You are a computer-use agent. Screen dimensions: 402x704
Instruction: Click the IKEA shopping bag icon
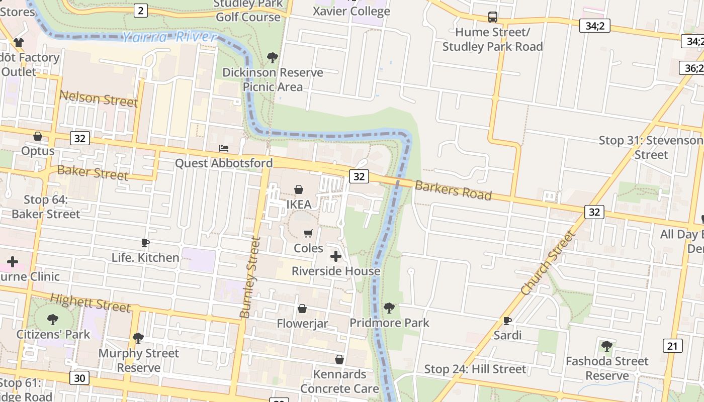pyautogui.click(x=299, y=189)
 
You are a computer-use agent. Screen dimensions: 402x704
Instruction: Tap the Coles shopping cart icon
pyautogui.click(x=308, y=233)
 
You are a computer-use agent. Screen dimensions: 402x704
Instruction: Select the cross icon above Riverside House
pyautogui.click(x=335, y=256)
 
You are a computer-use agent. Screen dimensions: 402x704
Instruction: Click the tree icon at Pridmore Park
pyautogui.click(x=389, y=308)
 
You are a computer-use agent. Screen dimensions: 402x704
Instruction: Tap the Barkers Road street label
pyautogui.click(x=453, y=190)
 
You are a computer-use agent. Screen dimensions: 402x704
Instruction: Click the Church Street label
pyautogui.click(x=548, y=262)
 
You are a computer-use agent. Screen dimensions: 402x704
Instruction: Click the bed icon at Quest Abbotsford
pyautogui.click(x=224, y=148)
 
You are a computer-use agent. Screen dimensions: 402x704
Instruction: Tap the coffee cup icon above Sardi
pyautogui.click(x=507, y=321)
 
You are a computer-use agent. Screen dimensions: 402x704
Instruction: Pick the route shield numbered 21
pyautogui.click(x=672, y=346)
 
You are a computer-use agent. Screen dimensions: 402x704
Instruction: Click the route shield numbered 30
pyautogui.click(x=79, y=378)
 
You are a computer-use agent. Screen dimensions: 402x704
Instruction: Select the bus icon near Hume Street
pyautogui.click(x=493, y=17)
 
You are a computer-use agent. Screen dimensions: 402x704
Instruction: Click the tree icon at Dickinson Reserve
pyautogui.click(x=273, y=57)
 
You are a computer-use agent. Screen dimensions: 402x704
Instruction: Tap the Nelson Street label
pyautogui.click(x=99, y=98)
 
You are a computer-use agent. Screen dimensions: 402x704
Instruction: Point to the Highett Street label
pyautogui.click(x=91, y=303)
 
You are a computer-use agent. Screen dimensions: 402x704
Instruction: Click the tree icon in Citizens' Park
pyautogui.click(x=53, y=319)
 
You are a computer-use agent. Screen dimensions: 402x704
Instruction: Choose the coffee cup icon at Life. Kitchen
pyautogui.click(x=145, y=243)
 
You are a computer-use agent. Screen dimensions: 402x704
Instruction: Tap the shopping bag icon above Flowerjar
pyautogui.click(x=302, y=309)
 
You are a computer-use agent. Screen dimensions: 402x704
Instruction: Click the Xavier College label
pyautogui.click(x=351, y=11)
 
